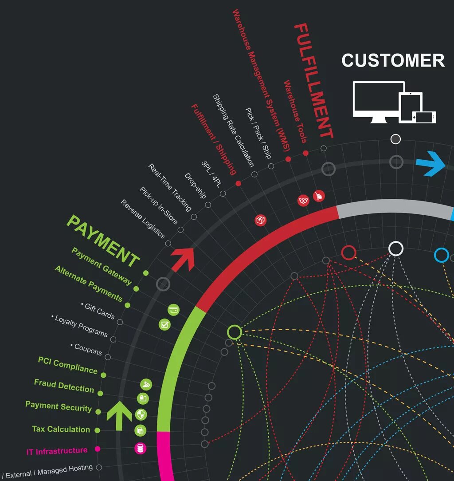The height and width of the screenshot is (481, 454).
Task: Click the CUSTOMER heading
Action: (393, 60)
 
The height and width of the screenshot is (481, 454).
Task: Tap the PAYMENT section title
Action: (103, 241)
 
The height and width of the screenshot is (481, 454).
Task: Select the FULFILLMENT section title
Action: (313, 81)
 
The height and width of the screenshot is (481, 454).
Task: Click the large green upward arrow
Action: (119, 415)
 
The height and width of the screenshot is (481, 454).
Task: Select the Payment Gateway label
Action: (102, 266)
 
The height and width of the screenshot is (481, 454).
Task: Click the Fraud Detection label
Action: (64, 386)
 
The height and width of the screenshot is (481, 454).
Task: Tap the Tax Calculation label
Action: (61, 429)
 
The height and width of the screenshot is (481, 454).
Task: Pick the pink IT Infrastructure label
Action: (57, 451)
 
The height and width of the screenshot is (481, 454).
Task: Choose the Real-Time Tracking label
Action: (170, 187)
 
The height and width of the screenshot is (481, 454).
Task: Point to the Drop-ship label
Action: (195, 185)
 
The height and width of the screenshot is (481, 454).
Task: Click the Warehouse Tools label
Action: (295, 112)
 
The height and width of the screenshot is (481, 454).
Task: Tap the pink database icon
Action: (141, 448)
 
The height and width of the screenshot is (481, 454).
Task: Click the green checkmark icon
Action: (164, 325)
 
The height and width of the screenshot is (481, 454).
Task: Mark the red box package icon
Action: (261, 220)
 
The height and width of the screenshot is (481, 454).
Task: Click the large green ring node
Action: (235, 332)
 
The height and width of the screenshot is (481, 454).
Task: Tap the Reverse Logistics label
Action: (143, 219)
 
